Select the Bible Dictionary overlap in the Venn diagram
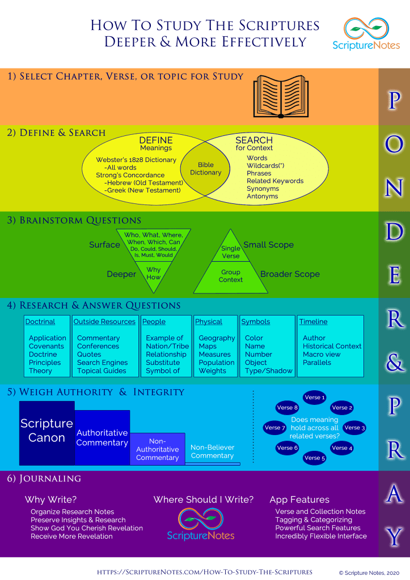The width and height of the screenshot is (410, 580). [x=206, y=169]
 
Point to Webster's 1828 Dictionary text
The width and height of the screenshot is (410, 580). [x=136, y=160]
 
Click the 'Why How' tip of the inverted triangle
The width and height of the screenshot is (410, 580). [x=153, y=274]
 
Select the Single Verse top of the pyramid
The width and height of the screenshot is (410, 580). [x=231, y=252]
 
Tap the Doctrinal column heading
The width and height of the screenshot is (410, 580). [x=40, y=322]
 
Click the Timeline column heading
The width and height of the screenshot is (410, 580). [x=314, y=322]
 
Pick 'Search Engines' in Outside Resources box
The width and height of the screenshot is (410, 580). [x=102, y=362]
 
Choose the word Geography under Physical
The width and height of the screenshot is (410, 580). [x=217, y=338]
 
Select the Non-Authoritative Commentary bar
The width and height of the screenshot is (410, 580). [x=158, y=449]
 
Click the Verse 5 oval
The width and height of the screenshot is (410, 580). [x=315, y=458]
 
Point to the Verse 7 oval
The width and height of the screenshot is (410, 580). [x=275, y=428]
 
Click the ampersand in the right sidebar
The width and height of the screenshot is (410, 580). [x=394, y=363]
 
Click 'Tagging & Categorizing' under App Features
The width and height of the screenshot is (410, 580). [x=314, y=519]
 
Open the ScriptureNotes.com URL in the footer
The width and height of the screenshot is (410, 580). [x=205, y=572]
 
